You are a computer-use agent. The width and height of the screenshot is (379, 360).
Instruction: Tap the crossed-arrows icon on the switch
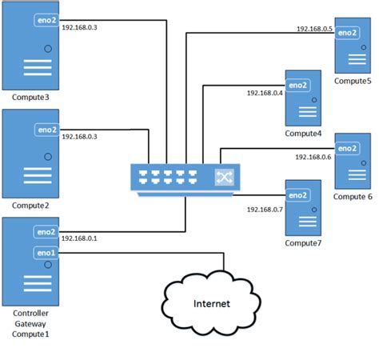(x=223, y=178)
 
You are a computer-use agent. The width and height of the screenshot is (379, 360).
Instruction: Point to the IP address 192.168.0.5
(x=313, y=29)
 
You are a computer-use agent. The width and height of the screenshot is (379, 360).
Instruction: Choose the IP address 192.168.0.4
(x=265, y=94)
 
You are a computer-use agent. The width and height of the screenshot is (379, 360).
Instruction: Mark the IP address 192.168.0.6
(x=313, y=157)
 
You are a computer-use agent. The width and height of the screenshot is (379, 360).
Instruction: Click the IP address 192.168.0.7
(x=265, y=209)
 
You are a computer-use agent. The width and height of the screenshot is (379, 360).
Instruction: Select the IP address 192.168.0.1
(x=79, y=238)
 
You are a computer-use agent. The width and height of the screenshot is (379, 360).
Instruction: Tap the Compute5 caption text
(x=353, y=81)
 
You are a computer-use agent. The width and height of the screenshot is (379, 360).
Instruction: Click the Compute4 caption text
(x=303, y=133)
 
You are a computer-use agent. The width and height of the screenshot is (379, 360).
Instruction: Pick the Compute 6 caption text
(x=353, y=196)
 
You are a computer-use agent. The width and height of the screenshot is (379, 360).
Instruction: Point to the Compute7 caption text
(x=303, y=242)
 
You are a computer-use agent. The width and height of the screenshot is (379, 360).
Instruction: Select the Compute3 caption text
(x=31, y=98)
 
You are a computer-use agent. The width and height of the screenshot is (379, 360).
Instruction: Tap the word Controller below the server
(x=31, y=313)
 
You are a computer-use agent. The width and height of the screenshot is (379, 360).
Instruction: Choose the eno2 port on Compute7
(x=297, y=195)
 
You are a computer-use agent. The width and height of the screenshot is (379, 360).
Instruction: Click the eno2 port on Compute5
(x=347, y=33)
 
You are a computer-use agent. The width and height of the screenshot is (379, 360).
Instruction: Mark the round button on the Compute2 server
(x=48, y=157)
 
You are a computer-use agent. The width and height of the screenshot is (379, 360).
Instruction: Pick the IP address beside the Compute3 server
(x=79, y=27)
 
